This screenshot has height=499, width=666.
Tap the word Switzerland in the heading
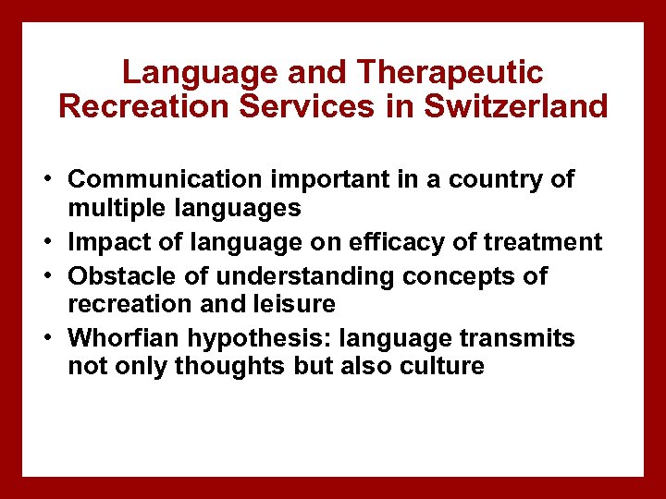pos(516,106)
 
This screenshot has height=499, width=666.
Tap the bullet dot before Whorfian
pos(44,338)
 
